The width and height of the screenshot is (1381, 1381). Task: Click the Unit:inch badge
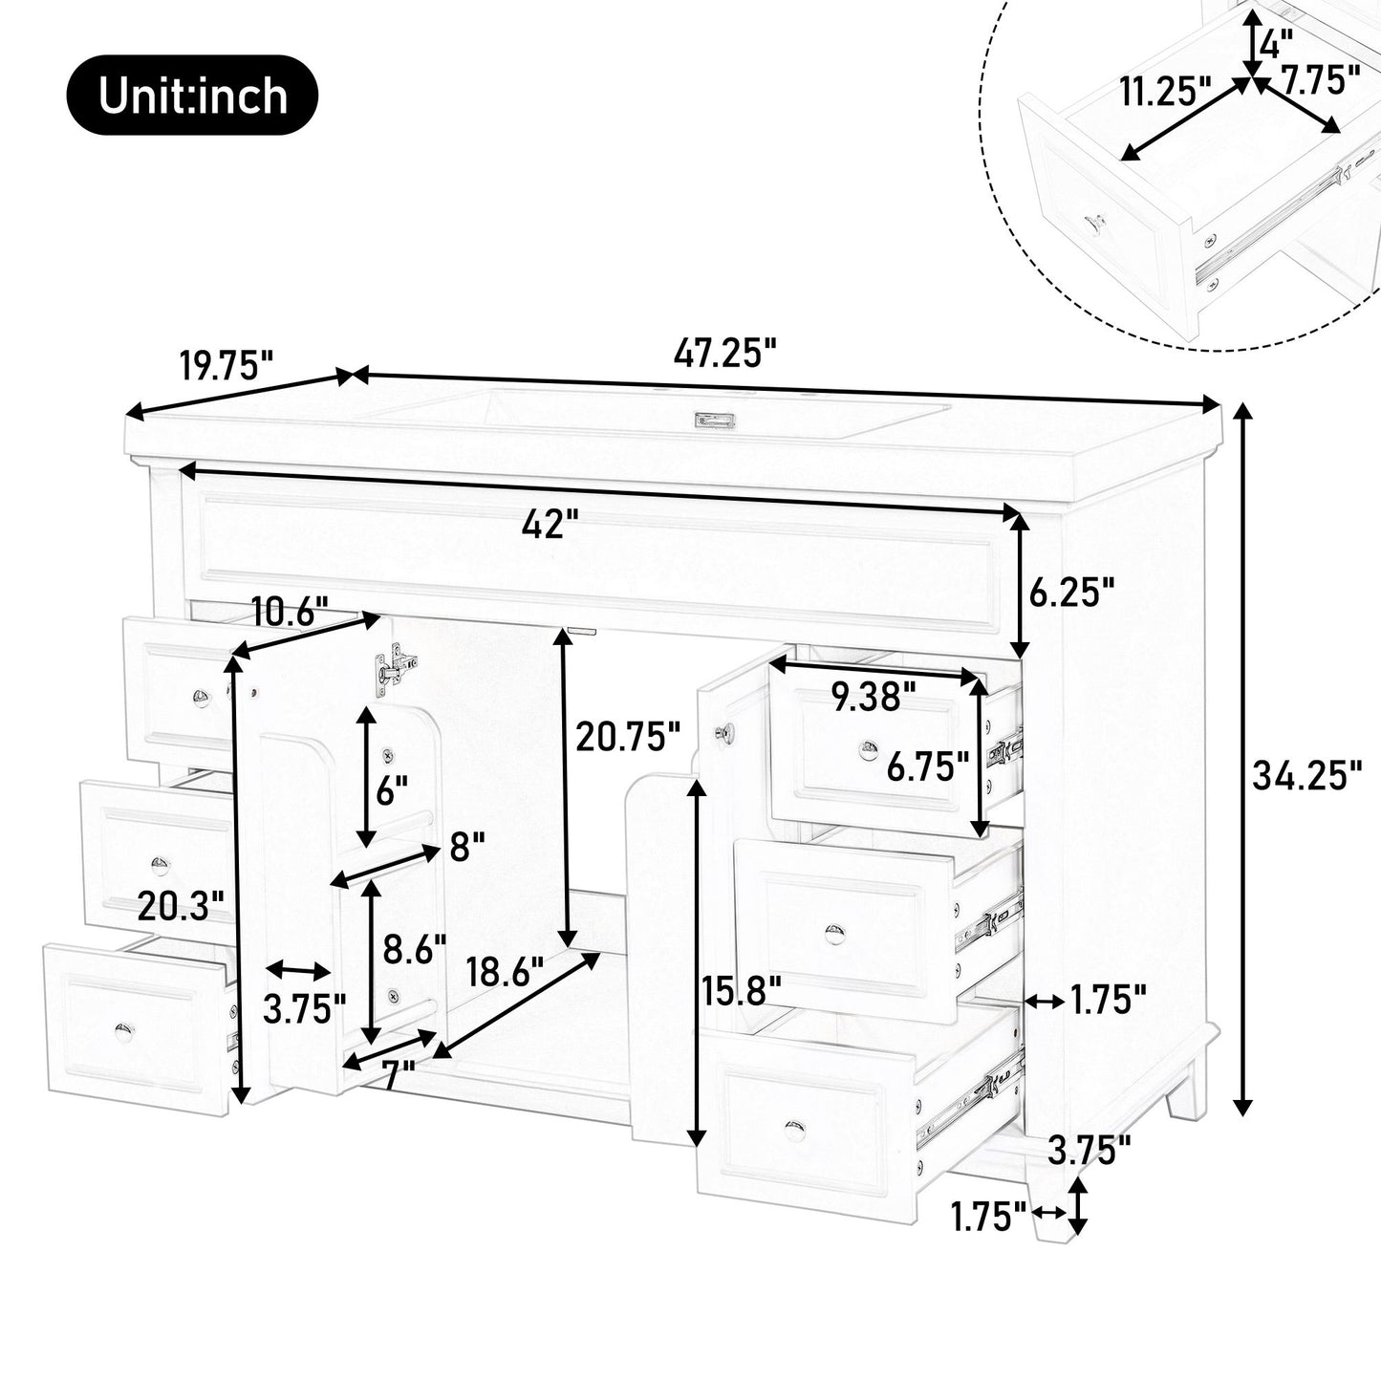tap(192, 95)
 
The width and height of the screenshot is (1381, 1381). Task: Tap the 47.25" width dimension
tap(723, 353)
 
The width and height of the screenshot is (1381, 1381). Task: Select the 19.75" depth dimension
tap(227, 365)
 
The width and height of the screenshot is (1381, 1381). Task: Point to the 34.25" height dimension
tap(1306, 775)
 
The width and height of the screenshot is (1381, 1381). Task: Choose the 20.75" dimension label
tap(628, 737)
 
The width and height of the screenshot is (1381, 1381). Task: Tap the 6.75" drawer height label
tap(927, 766)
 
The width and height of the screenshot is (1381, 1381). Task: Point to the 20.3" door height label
tap(181, 904)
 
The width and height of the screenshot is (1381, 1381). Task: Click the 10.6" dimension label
tap(290, 610)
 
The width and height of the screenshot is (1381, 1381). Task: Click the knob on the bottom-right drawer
tap(794, 1131)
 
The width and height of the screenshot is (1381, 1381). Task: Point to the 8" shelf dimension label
tap(467, 846)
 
